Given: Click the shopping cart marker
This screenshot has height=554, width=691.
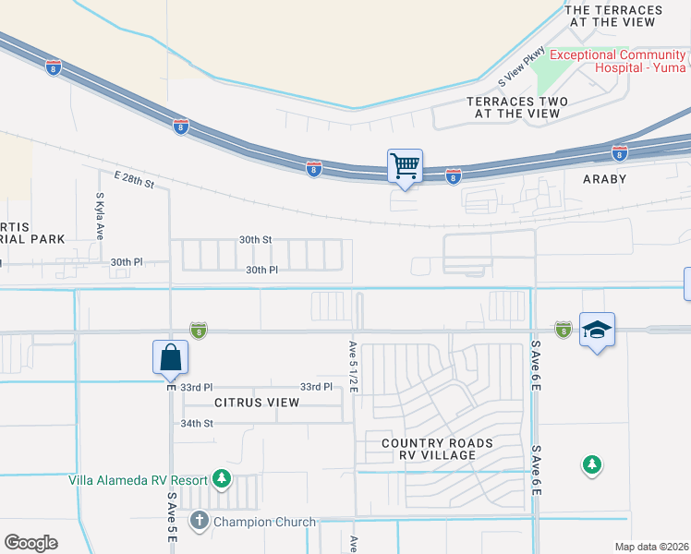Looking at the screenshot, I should click(405, 167).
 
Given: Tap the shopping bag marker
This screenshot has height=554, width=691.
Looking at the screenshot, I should click(171, 357).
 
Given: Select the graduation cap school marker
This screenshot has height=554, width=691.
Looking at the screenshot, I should click(597, 330).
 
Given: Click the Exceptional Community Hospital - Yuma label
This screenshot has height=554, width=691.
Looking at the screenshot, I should click(618, 61).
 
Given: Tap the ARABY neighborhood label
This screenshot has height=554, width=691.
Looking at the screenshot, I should click(604, 178).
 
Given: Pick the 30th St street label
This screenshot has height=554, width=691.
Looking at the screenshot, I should click(255, 239).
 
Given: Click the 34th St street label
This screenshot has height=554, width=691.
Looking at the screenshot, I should click(197, 423).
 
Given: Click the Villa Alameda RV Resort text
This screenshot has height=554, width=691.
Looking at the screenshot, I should click(137, 478).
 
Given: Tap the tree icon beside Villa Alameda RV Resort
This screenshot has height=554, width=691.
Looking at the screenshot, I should click(221, 478).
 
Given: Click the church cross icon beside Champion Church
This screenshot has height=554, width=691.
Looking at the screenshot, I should click(199, 522).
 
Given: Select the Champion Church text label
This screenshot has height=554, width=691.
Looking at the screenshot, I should click(264, 522).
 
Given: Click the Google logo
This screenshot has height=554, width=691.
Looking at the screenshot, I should click(30, 542).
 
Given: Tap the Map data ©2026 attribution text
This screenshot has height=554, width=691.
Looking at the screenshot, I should click(652, 547).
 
